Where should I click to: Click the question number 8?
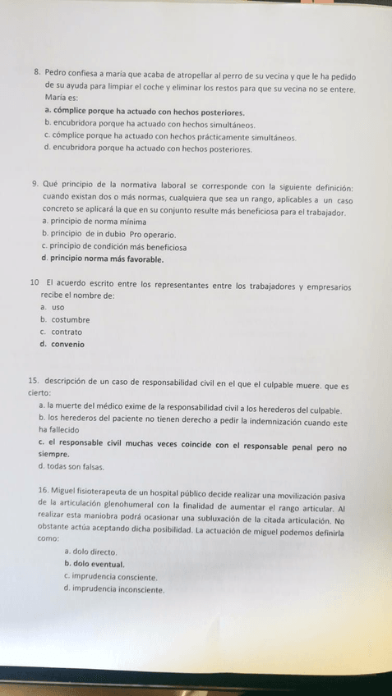pos(37,72)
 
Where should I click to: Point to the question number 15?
pos(34,382)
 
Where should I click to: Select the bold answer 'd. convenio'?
pos(62,345)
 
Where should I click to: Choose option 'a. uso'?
pos(52,307)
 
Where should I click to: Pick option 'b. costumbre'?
pos(65,319)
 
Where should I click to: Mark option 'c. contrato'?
pos(62,332)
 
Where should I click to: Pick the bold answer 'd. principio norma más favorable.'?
pos(102,259)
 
